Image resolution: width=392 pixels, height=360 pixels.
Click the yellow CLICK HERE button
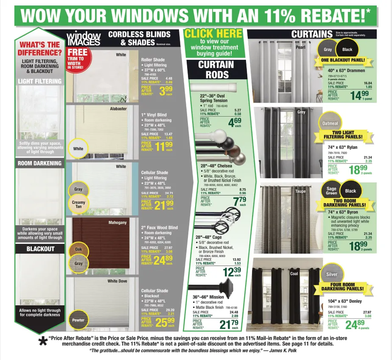click(x=213, y=33)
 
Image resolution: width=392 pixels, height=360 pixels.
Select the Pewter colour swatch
click(x=78, y=320)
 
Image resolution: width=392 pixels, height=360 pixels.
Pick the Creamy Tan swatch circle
click(x=78, y=204)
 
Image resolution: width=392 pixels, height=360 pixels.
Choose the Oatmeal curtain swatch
click(x=330, y=123)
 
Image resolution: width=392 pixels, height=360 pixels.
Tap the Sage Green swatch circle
click(x=331, y=191)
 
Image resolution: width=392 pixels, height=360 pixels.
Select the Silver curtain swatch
click(x=332, y=274)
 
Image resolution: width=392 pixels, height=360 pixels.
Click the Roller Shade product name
click(x=153, y=60)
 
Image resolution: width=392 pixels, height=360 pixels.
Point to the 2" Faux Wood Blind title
click(x=159, y=227)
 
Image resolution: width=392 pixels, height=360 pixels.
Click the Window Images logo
click(x=84, y=39)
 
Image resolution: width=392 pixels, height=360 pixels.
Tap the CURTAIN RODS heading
click(x=216, y=70)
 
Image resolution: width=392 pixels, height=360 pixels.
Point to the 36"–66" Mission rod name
click(x=208, y=297)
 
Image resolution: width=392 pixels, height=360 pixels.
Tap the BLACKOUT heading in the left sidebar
click(x=40, y=249)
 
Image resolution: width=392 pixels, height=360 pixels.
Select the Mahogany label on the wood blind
click(x=117, y=222)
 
